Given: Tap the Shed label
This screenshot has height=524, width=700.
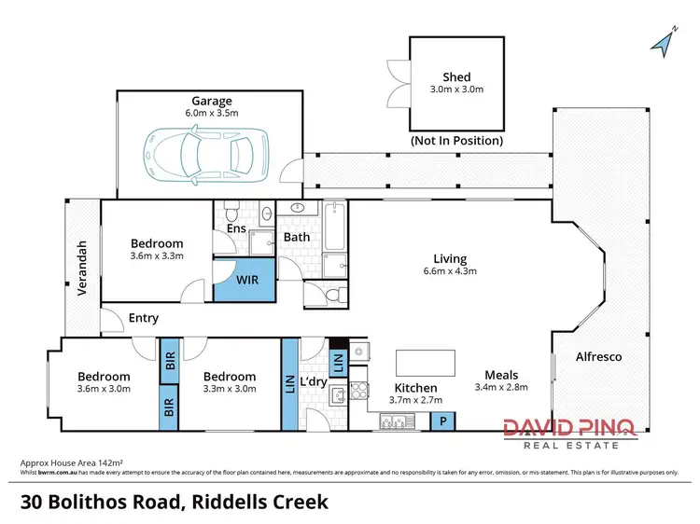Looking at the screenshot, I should pyautogui.click(x=457, y=77).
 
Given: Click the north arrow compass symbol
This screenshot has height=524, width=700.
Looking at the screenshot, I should pyautogui.click(x=664, y=42).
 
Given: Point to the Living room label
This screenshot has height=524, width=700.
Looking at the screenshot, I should pyautogui.click(x=450, y=258).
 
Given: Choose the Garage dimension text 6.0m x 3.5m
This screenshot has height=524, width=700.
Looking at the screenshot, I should pyautogui.click(x=212, y=114).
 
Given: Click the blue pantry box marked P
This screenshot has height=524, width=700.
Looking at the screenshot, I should pyautogui.click(x=442, y=421).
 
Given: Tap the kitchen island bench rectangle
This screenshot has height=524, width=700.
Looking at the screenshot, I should pyautogui.click(x=425, y=361).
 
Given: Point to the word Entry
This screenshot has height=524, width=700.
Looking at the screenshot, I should pyautogui.click(x=144, y=318).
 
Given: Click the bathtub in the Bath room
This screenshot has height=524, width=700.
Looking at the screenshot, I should pyautogui.click(x=335, y=228).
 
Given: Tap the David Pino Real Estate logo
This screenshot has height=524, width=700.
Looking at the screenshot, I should pyautogui.click(x=570, y=433).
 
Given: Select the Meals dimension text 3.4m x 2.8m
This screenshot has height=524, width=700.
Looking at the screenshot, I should pyautogui.click(x=501, y=387).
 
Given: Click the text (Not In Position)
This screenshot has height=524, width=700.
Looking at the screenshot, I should pyautogui.click(x=457, y=141).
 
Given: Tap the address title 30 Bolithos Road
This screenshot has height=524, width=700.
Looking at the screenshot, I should pyautogui.click(x=175, y=502).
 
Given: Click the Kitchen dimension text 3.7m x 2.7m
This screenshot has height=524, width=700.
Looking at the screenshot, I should pyautogui.click(x=415, y=400).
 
